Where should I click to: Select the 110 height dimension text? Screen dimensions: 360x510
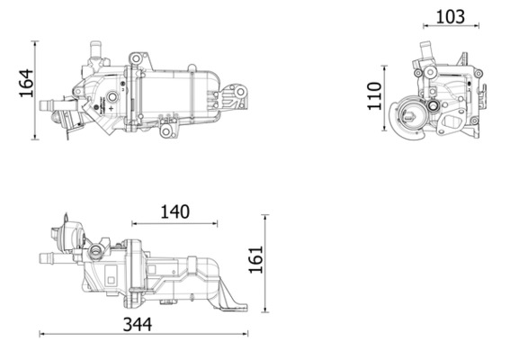tap(377, 95)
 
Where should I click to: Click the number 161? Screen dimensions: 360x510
tap(256, 260)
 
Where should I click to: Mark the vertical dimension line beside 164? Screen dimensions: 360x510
tap(36, 90)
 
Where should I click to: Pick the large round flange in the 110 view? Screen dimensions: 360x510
tap(415, 117)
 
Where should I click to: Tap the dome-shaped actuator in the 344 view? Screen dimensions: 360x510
tap(64, 236)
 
